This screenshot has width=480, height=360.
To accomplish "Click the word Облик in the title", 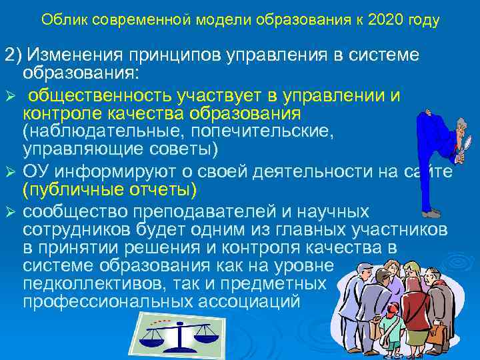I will click(x=61, y=21).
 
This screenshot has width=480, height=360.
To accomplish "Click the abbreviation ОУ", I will click(x=37, y=173).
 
